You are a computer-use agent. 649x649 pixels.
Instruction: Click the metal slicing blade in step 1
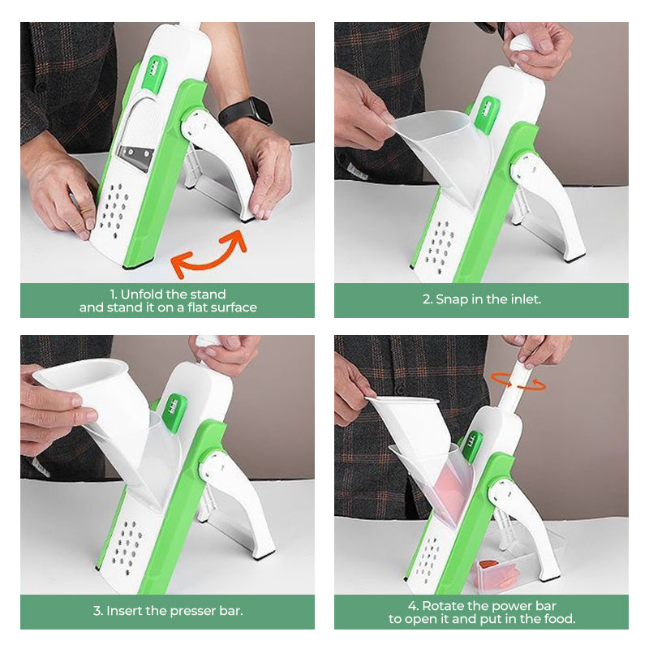click(135, 157)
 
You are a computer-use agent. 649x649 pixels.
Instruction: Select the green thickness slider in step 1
click(154, 72)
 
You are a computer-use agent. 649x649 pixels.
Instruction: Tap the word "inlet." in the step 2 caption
click(526, 299)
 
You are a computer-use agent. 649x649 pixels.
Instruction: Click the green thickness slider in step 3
click(174, 412)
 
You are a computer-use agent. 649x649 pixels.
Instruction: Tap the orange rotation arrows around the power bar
click(518, 381)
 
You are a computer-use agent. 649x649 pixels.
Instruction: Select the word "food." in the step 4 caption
click(560, 619)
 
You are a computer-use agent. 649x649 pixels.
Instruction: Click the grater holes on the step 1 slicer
click(113, 207)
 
